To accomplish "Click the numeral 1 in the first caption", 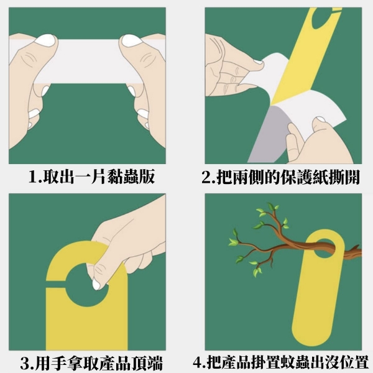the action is click(x=33, y=177).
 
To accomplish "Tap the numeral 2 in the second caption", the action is click(x=206, y=177).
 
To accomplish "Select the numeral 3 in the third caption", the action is click(x=25, y=363).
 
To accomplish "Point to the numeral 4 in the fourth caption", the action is click(x=198, y=363).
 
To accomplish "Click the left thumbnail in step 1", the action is click(x=45, y=40).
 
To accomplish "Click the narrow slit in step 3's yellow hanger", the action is click(x=56, y=285).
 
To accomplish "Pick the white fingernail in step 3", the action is click(x=96, y=285).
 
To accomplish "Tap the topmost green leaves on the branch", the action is click(x=273, y=207).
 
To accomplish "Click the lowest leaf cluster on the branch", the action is click(x=256, y=271).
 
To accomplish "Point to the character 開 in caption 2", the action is click(x=352, y=177).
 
